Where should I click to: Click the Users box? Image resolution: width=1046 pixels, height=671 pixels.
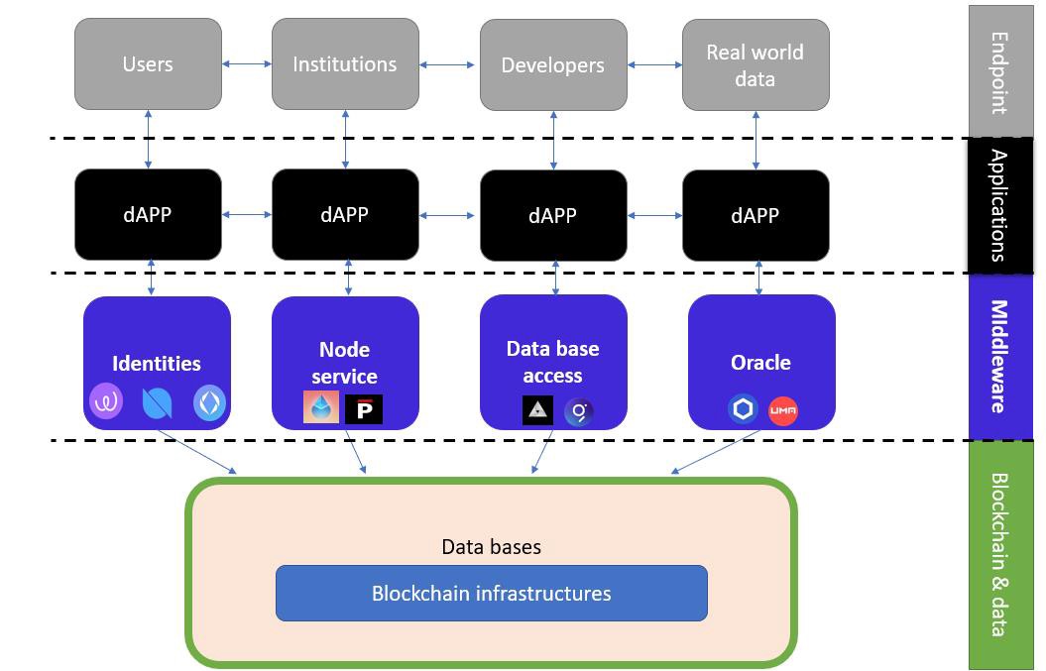click(x=148, y=64)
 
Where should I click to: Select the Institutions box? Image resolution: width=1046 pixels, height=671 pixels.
click(x=345, y=64)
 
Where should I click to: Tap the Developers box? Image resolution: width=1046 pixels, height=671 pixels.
click(x=553, y=65)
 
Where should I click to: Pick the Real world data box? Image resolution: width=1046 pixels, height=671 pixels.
click(x=755, y=65)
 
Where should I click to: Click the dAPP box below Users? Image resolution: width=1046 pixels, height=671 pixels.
click(x=148, y=215)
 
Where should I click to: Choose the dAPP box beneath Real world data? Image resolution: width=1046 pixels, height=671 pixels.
click(x=755, y=215)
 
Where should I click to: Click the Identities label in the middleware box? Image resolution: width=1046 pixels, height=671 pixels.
click(x=157, y=364)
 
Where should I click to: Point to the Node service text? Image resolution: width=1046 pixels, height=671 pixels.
click(x=345, y=363)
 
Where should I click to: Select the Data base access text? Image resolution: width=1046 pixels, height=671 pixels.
click(x=553, y=362)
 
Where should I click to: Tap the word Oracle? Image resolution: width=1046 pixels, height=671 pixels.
click(x=760, y=363)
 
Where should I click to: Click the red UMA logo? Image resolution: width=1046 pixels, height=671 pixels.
click(x=783, y=409)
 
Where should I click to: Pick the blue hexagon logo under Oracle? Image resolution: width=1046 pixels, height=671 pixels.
click(x=743, y=408)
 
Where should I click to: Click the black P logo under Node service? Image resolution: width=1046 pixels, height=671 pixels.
click(x=364, y=408)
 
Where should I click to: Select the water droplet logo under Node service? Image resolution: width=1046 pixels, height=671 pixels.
click(x=321, y=407)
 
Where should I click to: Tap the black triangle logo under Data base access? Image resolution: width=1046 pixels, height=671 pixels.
click(x=537, y=409)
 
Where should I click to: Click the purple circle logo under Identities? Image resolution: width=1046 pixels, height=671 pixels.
click(x=106, y=402)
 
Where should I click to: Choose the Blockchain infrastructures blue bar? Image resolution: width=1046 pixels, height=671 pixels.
click(x=491, y=594)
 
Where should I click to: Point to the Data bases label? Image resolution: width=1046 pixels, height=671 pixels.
click(x=491, y=547)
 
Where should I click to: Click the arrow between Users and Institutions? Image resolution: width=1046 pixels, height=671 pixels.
click(x=247, y=64)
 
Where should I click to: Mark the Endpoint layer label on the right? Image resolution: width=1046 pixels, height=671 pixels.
click(x=999, y=72)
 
